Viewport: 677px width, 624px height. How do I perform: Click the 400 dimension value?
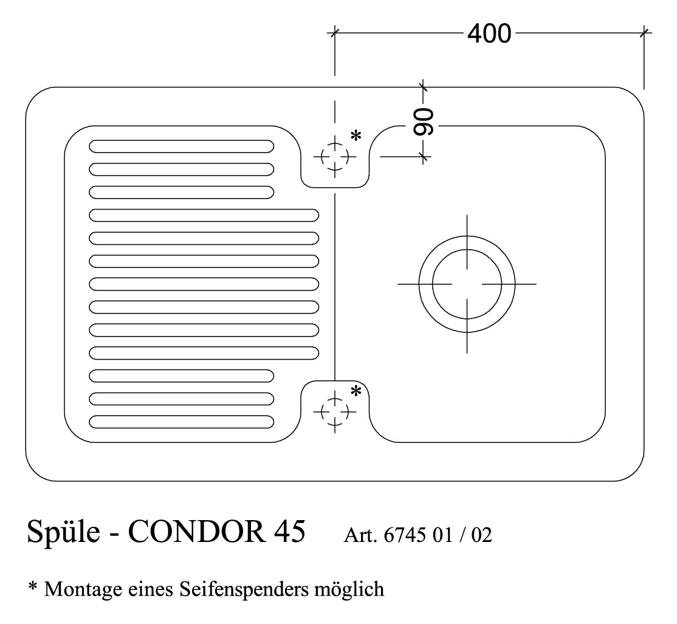click(489, 33)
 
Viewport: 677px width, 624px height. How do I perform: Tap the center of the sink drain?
click(467, 284)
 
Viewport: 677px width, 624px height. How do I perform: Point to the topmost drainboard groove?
click(181, 146)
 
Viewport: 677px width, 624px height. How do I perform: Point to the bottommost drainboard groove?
click(181, 421)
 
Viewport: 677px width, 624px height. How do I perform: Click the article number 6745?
click(406, 536)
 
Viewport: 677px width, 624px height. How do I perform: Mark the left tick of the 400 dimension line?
click(334, 32)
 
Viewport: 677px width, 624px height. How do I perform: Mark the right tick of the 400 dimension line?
click(645, 32)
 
